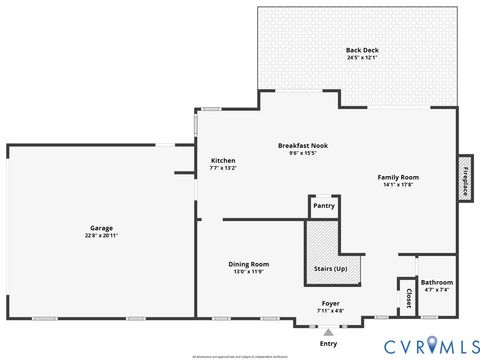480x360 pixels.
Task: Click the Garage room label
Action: click(100, 228)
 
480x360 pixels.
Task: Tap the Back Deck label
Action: click(362, 50)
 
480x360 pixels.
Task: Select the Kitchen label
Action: click(223, 161)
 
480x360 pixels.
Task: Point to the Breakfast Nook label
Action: click(302, 146)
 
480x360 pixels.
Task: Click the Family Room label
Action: click(397, 178)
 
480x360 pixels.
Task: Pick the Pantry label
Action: click(323, 206)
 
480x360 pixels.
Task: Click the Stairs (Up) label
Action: click(330, 269)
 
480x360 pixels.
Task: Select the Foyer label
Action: click(330, 303)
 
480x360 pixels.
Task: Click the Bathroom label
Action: click(436, 283)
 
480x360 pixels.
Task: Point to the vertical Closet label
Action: click(409, 297)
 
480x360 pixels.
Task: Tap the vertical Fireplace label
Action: click(465, 179)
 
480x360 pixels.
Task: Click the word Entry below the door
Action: click(328, 344)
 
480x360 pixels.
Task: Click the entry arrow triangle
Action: click(328, 332)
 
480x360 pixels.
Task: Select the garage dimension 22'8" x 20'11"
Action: click(100, 235)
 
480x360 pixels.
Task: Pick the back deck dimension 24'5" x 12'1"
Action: click(362, 57)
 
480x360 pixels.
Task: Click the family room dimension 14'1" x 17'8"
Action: click(397, 185)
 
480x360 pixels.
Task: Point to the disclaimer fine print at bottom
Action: click(240, 355)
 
